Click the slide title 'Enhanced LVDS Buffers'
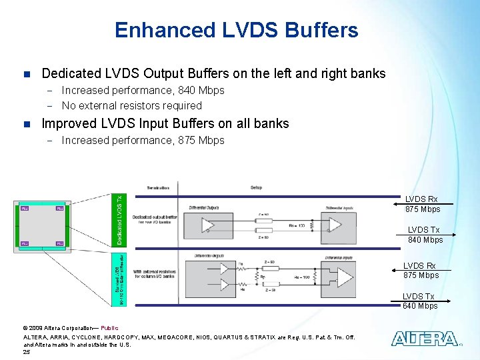pos(236,30)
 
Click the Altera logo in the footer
pos(424,339)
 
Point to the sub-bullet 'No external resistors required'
pos(131,105)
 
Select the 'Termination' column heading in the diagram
pos(157,188)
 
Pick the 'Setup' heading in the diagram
pos(256,188)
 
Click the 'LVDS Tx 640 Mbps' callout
pos(419,301)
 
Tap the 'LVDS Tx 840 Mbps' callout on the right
pos(425,235)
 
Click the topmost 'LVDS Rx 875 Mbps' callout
pos(423,204)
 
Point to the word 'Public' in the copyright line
pos(109,328)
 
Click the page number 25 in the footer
pos(27,351)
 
